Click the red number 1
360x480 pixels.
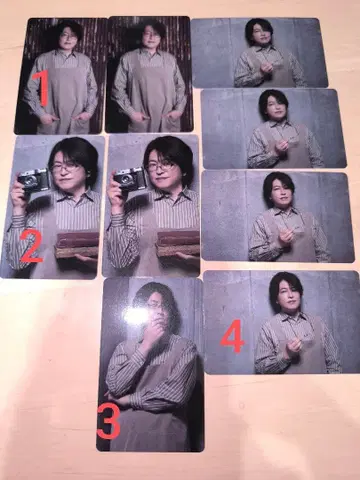click(x=43, y=88)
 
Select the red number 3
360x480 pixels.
click(x=108, y=421)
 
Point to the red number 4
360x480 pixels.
click(x=233, y=336)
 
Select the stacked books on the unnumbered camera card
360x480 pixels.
click(x=178, y=243)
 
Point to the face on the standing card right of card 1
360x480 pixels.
click(x=152, y=38)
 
